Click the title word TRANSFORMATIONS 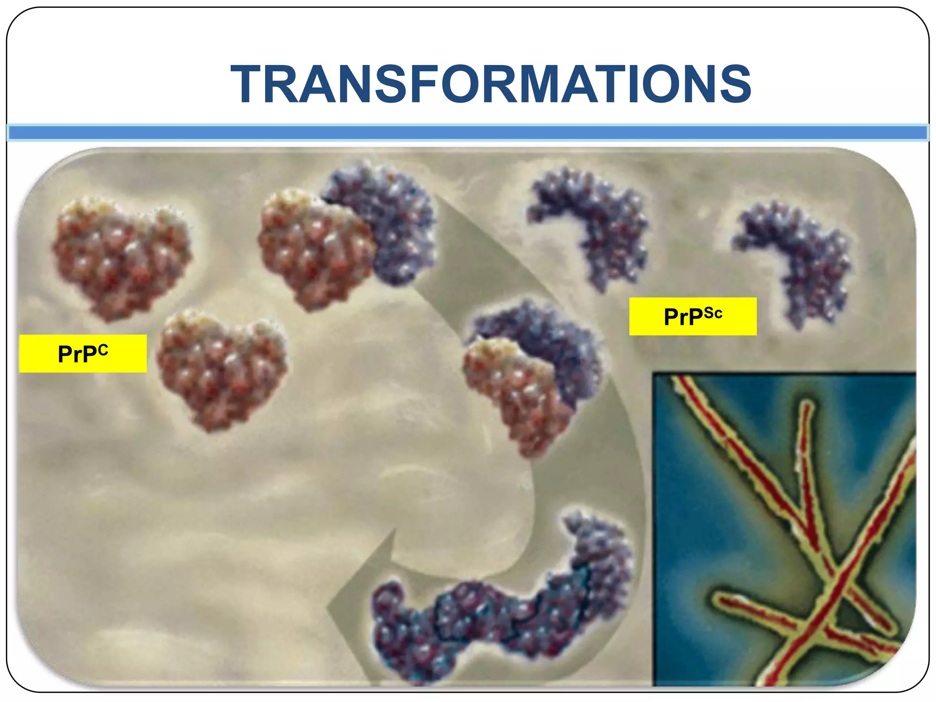491,84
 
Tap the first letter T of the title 248,84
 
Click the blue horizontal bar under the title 468,133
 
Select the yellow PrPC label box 83,353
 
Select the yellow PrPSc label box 692,316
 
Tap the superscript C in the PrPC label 103,350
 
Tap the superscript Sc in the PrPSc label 713,313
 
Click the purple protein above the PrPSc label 594,224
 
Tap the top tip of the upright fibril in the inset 808,404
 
